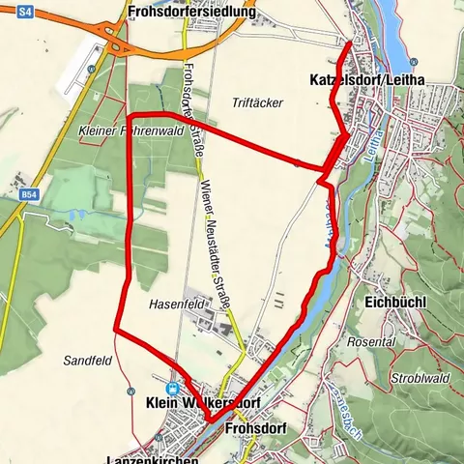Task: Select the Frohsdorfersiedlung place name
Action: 191,13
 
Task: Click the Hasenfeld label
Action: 173,304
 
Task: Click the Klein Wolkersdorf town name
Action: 202,401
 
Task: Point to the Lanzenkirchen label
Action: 154,458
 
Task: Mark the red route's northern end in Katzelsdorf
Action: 350,43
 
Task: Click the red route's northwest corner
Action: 130,118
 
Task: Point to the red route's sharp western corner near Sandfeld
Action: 116,330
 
